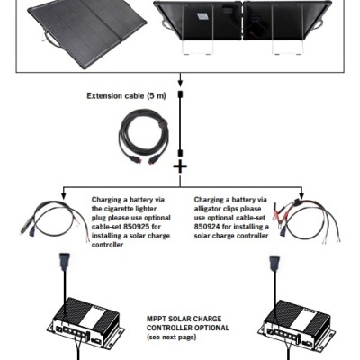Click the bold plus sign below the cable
pos(180,166)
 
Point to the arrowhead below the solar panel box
pos(180,78)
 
